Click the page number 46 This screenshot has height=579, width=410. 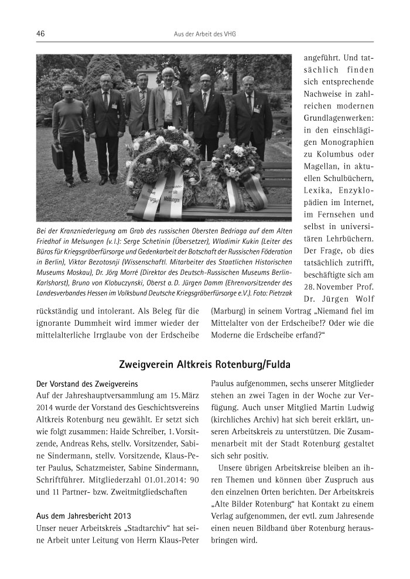(40, 33)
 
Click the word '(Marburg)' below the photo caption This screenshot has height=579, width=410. (228, 310)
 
